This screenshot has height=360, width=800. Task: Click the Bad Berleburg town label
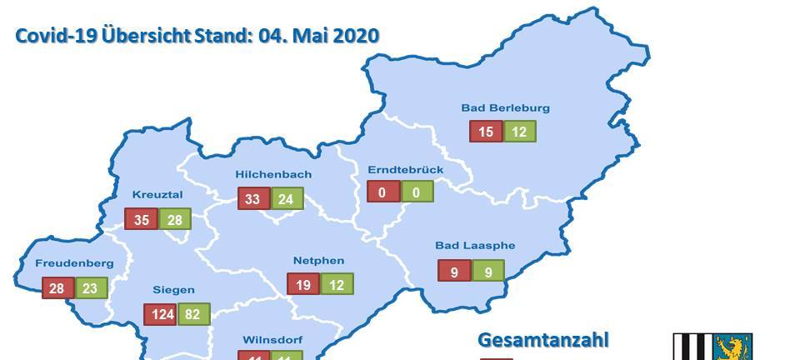505,107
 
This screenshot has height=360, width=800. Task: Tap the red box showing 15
485,132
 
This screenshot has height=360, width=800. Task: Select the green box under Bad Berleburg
519,132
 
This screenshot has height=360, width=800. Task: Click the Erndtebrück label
405,170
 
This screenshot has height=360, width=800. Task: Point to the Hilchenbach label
273,174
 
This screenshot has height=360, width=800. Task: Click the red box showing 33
252,199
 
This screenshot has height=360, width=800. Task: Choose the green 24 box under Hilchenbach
286,199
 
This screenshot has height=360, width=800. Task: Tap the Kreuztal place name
157,195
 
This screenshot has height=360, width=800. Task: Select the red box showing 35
140,219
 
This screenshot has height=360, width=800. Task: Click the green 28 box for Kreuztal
175,219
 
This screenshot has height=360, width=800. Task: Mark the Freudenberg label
74,263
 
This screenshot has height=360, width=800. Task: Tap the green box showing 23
91,287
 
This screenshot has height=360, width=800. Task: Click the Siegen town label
173,290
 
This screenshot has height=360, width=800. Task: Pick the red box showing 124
159,315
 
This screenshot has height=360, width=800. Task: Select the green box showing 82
192,315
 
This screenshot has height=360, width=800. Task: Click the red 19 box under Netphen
302,284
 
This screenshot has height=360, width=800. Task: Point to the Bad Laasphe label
475,246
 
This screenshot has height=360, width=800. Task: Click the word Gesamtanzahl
543,339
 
